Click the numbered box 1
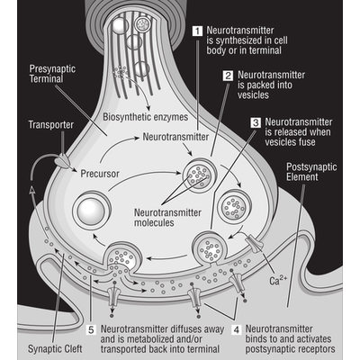[x=197, y=31]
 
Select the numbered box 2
[x=229, y=76]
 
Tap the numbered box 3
[x=256, y=123]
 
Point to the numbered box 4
[x=237, y=330]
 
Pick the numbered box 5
[x=91, y=330]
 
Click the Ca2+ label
[x=278, y=281]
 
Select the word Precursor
[x=100, y=174]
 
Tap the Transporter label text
[x=50, y=125]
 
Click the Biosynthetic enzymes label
[x=146, y=117]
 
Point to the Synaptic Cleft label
[x=55, y=349]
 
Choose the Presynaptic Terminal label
[x=52, y=74]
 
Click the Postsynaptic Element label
[x=311, y=172]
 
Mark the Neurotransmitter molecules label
[x=167, y=218]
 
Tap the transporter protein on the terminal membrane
[x=62, y=160]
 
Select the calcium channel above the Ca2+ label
[x=255, y=244]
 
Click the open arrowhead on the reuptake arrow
[x=32, y=189]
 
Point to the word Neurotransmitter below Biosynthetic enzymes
[x=175, y=137]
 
